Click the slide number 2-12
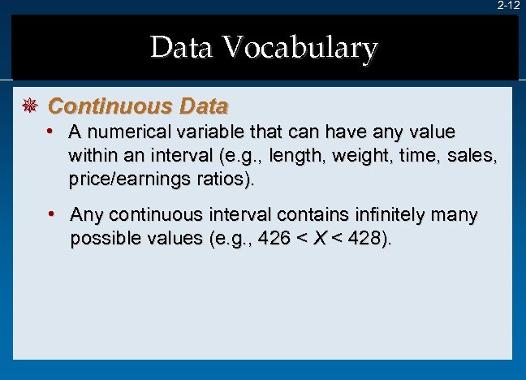509,6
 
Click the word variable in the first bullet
209,132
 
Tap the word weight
356,155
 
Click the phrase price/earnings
127,178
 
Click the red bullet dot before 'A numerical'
50,131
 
